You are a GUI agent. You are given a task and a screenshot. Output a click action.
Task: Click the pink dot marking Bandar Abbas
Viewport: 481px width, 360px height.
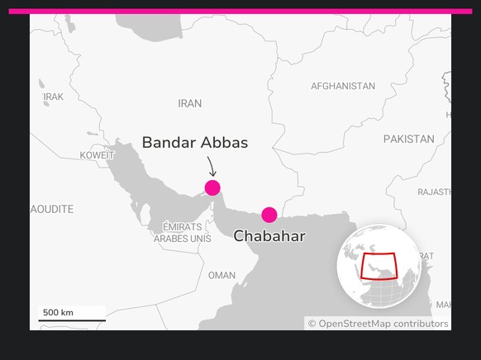(x=212, y=187)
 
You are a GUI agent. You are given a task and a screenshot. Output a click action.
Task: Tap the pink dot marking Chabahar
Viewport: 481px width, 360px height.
(x=269, y=215)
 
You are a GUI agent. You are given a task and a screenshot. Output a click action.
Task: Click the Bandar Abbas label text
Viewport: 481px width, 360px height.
(x=194, y=142)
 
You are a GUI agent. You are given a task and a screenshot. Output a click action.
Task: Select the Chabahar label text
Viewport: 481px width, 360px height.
(x=269, y=236)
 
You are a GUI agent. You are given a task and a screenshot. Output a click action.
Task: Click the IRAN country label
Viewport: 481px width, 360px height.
(x=189, y=104)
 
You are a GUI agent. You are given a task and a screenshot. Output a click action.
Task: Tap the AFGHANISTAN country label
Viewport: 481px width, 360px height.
(x=342, y=86)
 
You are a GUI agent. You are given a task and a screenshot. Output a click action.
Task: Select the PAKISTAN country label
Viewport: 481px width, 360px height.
(x=408, y=139)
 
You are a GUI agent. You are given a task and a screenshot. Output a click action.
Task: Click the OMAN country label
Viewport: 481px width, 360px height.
(x=221, y=275)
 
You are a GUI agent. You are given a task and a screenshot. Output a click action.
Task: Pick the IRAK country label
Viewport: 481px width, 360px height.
(x=53, y=97)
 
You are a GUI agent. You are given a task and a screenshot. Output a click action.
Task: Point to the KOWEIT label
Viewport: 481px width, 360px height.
(x=98, y=155)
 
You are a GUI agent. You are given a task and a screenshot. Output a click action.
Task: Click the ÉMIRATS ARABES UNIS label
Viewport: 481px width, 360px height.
(x=182, y=232)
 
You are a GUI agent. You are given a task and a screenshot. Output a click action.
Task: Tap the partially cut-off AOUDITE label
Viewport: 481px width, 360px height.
(x=52, y=209)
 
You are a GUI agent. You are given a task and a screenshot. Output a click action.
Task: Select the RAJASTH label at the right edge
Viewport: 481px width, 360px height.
(x=434, y=192)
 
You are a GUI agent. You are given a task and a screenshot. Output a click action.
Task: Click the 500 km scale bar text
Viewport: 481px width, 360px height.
(x=58, y=312)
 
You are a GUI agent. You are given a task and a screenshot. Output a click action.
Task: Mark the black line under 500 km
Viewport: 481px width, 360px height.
(x=71, y=320)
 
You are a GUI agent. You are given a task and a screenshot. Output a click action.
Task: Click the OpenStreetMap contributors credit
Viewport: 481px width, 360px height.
(x=378, y=324)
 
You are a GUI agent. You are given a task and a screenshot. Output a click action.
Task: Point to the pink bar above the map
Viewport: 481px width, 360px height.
(x=240, y=12)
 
